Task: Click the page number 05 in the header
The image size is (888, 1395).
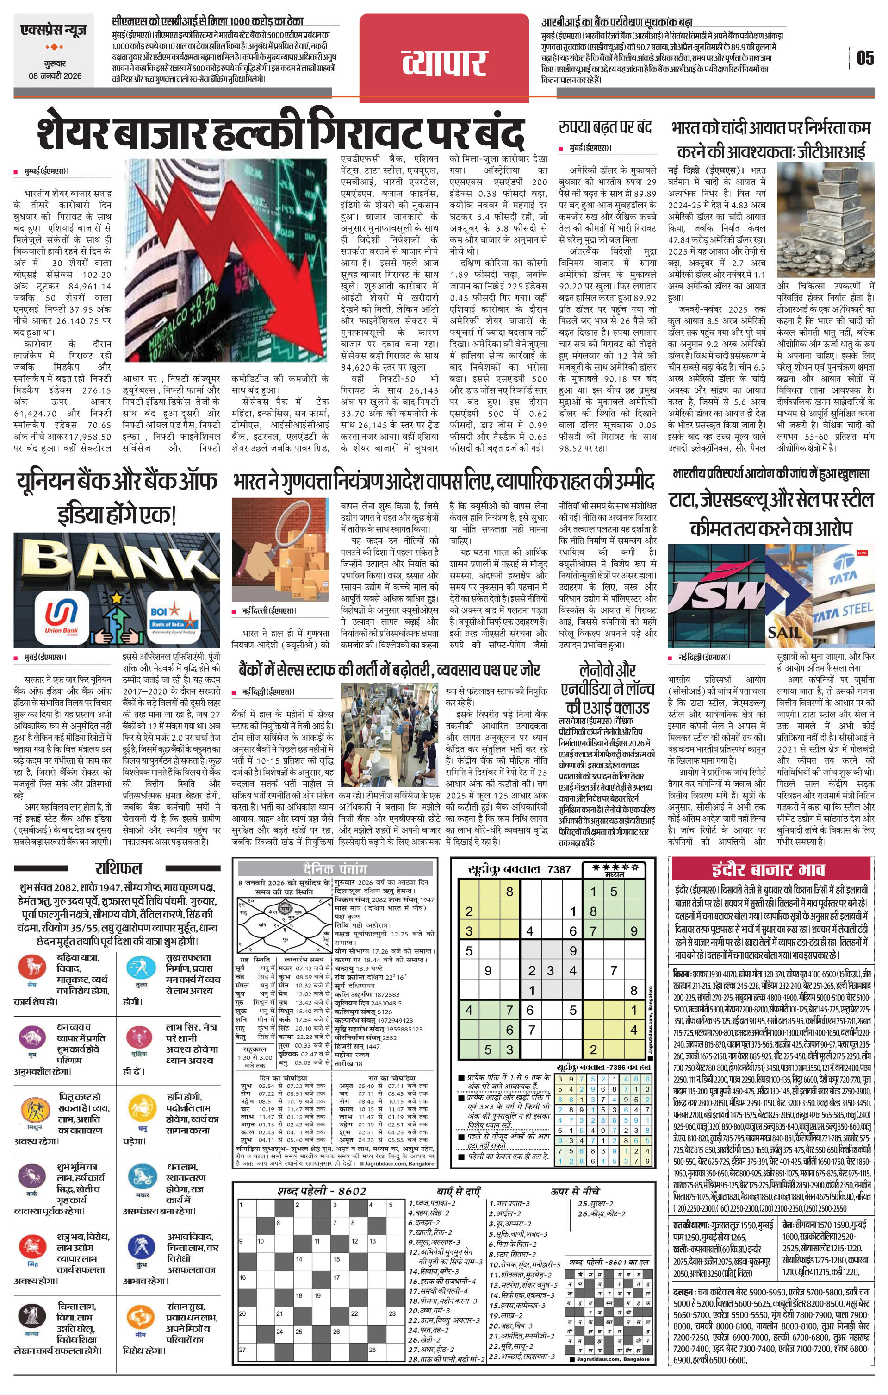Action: pyautogui.click(x=865, y=58)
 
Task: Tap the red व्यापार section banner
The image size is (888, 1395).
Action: pyautogui.click(x=444, y=62)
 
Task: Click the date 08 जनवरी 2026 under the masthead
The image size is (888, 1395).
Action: pyautogui.click(x=56, y=76)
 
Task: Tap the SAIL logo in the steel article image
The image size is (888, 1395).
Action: pyautogui.click(x=784, y=631)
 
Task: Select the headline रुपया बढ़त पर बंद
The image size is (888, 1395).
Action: pyautogui.click(x=605, y=127)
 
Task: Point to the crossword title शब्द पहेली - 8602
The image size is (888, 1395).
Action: pyautogui.click(x=321, y=1191)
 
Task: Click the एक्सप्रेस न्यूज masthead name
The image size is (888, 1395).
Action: pyautogui.click(x=53, y=30)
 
